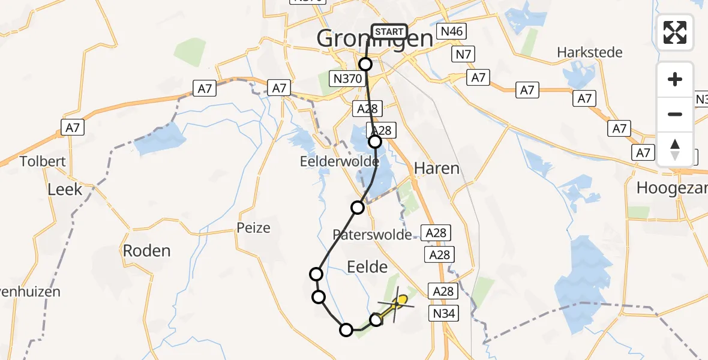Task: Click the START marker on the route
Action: tap(389, 31)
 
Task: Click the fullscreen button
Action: tap(675, 32)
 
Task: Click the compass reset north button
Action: tap(675, 149)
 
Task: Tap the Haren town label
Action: tap(437, 168)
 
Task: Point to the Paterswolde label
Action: tap(373, 235)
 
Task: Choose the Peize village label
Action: tap(254, 228)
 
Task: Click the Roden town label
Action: tap(147, 250)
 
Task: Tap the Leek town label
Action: tap(65, 190)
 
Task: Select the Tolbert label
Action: tap(43, 161)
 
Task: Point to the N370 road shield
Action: tap(348, 79)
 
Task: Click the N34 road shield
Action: tap(443, 313)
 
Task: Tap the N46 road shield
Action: tap(452, 31)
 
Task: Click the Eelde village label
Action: tap(368, 266)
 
